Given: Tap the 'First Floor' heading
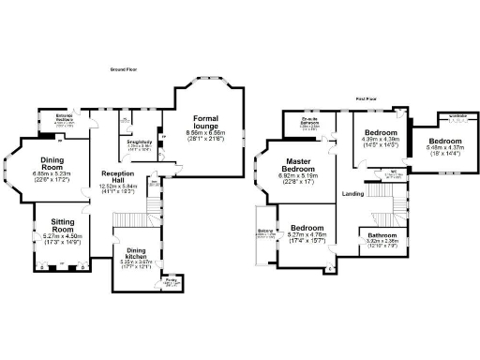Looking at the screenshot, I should [x=366, y=97].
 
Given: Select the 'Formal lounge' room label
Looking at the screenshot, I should [x=205, y=123].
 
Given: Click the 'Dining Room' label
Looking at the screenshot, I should [x=52, y=162].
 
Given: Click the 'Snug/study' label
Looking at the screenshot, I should [x=139, y=142].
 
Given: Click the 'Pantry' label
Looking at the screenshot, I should [x=171, y=278].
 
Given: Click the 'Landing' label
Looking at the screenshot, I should [x=352, y=194].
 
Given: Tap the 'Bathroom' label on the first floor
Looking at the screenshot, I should [x=382, y=235].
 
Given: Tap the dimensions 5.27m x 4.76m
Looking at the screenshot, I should [x=307, y=236].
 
